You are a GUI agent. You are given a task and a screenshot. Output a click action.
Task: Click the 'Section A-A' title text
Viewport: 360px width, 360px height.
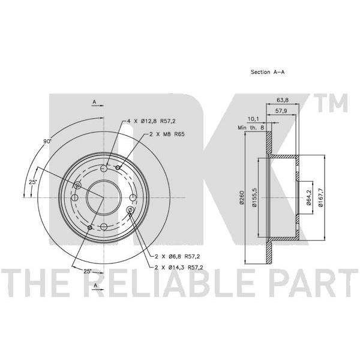pos(268,72)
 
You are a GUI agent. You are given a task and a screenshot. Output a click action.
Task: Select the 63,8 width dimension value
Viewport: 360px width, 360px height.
pos(283,100)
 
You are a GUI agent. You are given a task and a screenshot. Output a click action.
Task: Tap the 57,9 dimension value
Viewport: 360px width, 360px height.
pos(281,111)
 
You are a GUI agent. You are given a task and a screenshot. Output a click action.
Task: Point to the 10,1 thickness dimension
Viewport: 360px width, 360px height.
pos(253,119)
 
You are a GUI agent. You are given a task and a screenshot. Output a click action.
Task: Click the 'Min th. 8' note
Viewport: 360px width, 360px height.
pos(251,128)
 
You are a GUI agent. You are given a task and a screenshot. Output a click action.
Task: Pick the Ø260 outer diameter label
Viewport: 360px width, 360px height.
pos(241,197)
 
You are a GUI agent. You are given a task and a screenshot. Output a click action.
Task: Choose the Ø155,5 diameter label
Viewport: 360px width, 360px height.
pos(254,197)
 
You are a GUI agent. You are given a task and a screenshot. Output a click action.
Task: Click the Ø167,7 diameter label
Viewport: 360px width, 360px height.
pos(321,197)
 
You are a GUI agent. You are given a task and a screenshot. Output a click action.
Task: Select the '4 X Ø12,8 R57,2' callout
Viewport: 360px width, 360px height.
pos(151,121)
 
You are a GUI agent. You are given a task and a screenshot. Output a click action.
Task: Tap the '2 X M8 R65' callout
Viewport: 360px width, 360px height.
pos(167,134)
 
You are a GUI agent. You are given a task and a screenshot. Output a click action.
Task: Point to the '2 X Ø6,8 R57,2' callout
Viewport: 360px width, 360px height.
pos(177,256)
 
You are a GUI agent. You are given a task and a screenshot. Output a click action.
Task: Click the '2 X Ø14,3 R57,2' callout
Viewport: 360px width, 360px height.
pos(179,267)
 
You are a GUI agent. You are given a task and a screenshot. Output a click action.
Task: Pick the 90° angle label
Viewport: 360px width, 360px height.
pos(47,142)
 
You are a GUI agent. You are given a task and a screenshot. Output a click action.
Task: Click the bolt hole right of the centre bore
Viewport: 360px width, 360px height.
pos(133,197)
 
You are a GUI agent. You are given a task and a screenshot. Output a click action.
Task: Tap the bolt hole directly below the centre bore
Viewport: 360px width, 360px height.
pos(104,227)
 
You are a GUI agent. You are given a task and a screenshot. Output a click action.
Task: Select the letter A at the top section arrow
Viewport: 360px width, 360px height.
pos(94,102)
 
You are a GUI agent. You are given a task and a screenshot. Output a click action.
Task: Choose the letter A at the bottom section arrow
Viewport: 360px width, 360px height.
pos(96,286)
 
